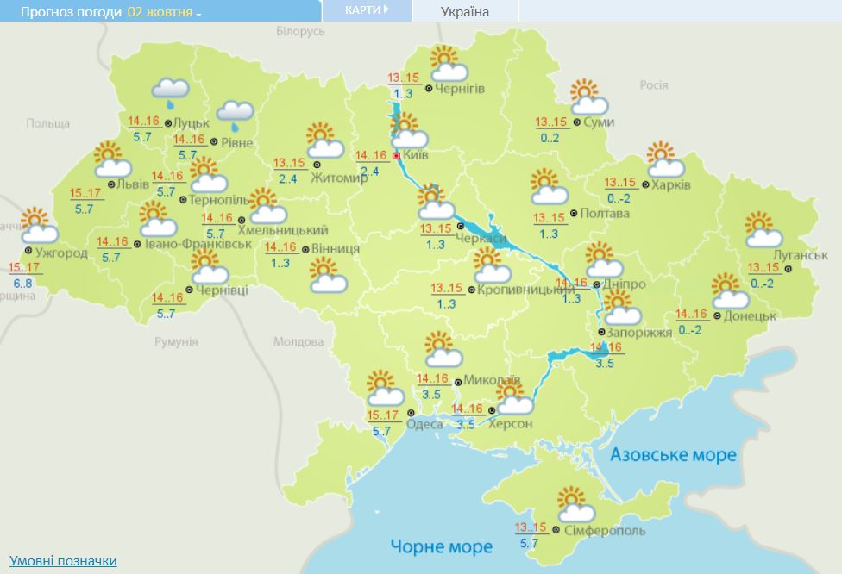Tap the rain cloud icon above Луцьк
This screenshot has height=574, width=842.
tap(170, 90)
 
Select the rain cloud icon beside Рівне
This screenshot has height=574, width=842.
tap(235, 113)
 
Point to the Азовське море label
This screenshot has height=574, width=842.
tap(673, 454)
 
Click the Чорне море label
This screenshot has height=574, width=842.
tap(441, 546)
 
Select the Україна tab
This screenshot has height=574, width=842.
tap(464, 11)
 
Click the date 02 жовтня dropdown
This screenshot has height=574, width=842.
tap(164, 12)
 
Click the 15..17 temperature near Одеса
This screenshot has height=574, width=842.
tap(382, 415)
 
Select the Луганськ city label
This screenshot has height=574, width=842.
tap(801, 256)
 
